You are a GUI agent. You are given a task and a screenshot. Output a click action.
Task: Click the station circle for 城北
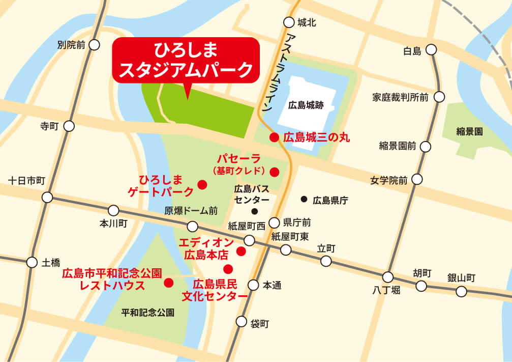(x=289, y=22)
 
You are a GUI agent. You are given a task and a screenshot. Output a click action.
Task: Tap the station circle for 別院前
(x=94, y=45)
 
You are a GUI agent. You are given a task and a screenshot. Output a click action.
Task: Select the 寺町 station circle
(x=69, y=126)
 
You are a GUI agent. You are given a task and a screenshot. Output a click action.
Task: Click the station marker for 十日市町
(x=48, y=197)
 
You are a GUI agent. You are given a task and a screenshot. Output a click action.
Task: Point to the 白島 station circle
(x=431, y=50)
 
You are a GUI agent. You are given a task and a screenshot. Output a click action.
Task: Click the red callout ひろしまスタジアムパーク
(x=186, y=60)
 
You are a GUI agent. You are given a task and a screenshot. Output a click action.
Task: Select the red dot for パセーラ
(x=275, y=172)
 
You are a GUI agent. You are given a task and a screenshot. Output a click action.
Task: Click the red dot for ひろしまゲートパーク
(x=202, y=184)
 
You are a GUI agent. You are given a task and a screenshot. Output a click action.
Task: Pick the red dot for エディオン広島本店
(x=242, y=251)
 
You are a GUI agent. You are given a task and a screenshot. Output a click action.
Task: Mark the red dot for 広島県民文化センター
(x=228, y=269)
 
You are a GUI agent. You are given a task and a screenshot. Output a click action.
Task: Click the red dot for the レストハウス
(x=168, y=282)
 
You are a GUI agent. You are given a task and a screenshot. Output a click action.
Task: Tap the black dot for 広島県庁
(x=304, y=199)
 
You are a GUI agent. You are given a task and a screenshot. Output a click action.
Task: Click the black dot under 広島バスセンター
(x=254, y=211)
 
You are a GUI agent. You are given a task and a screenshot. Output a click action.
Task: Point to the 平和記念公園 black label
(x=147, y=312)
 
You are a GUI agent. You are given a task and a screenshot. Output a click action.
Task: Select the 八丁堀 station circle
(x=388, y=277)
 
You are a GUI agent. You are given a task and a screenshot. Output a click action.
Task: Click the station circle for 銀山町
(x=461, y=291)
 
